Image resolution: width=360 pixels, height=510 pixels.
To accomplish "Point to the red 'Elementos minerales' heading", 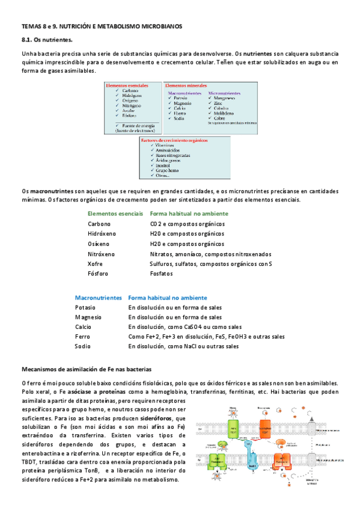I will (188, 85).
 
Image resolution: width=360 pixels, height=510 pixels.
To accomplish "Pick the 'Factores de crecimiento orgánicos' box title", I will (176, 140).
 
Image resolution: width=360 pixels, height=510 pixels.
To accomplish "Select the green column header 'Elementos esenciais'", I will (115, 214).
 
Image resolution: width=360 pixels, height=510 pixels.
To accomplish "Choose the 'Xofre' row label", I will (96, 263).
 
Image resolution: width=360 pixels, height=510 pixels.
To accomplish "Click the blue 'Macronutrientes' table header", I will (99, 298).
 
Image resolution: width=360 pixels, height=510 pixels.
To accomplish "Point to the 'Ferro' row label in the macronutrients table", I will (82, 337).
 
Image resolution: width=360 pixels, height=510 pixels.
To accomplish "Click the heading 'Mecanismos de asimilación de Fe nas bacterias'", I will (87, 369).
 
